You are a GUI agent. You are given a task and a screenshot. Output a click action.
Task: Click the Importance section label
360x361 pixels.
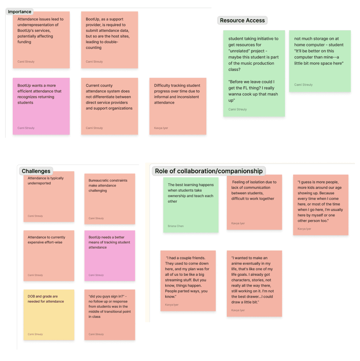pos(20,12)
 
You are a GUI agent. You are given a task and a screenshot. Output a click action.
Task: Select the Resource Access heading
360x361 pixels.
pos(242,20)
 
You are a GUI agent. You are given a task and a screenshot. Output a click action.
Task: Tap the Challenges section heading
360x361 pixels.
pos(36,171)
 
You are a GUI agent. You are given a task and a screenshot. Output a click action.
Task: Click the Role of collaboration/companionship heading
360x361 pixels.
pos(208,171)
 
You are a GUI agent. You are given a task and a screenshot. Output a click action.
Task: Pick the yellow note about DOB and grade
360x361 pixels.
pos(49,315)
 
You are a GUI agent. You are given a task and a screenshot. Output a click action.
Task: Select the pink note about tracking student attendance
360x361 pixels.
pos(110,256)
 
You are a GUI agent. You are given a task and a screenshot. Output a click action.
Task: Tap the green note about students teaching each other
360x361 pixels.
pos(191,205)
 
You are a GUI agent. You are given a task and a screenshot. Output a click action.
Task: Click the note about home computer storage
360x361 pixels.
pos(320,61)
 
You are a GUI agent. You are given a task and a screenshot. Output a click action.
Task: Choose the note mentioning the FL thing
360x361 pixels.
pos(254,74)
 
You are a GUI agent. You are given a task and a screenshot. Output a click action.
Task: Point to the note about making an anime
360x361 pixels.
pos(254,283)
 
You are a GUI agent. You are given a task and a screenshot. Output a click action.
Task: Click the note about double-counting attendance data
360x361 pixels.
pos(109,40)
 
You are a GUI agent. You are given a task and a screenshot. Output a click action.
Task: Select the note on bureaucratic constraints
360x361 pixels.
pos(110,199)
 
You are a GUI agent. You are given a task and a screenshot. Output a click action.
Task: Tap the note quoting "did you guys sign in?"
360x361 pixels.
pos(110,315)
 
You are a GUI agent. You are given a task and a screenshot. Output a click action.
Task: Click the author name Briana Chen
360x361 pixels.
pos(176,226)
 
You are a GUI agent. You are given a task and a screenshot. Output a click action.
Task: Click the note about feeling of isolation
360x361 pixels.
pos(254,202)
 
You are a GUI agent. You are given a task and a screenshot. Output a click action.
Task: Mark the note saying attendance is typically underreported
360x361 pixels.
pos(49,196)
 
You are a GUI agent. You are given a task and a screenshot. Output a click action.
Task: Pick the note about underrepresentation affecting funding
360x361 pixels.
pos(41,40)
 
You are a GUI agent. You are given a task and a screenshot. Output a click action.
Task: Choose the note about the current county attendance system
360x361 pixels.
pos(109,106)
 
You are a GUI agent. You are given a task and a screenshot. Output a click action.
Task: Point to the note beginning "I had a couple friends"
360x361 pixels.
pos(188,281)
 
